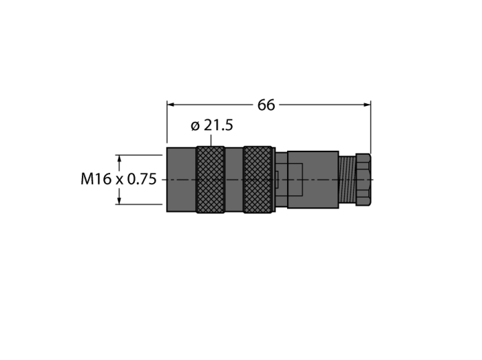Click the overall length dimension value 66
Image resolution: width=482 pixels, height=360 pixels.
point(266,105)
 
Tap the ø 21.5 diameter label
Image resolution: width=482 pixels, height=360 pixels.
point(212,125)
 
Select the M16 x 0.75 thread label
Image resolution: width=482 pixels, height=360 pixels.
point(118,179)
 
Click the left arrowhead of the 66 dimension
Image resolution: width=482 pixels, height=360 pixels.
point(171,105)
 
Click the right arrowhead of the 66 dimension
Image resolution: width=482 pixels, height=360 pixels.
point(367,105)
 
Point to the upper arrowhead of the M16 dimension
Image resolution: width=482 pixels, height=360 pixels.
point(119,159)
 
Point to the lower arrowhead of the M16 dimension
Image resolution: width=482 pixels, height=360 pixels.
point(119,200)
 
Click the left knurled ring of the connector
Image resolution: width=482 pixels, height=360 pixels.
point(211,180)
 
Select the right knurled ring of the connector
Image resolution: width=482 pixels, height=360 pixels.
point(258,180)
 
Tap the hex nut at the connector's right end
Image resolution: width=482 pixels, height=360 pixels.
point(363,180)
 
